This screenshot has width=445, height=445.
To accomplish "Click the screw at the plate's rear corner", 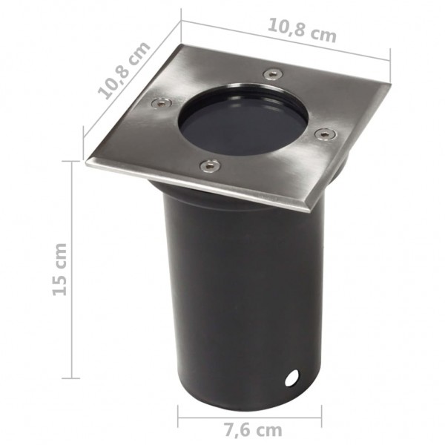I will tap(273, 73).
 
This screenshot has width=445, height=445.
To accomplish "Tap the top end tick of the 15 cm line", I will tap(72, 160).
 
